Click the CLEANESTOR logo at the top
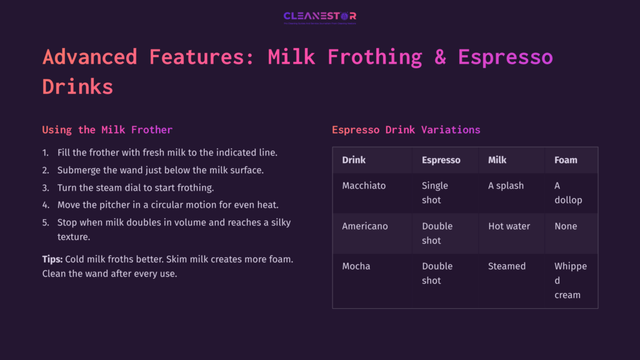[x=319, y=17]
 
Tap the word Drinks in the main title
[x=77, y=86]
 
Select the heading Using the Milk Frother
[x=107, y=130]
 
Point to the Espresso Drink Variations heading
[x=406, y=130]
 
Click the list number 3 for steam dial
[x=45, y=187]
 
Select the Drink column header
[x=354, y=160]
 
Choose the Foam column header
[x=566, y=160]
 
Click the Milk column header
[x=497, y=160]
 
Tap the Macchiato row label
[x=364, y=186]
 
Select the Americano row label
[x=365, y=226]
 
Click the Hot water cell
[x=509, y=226]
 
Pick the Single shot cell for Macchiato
[x=435, y=192]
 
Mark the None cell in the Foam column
[x=566, y=226]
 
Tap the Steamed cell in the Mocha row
[x=507, y=266]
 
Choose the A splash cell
[x=506, y=186]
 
